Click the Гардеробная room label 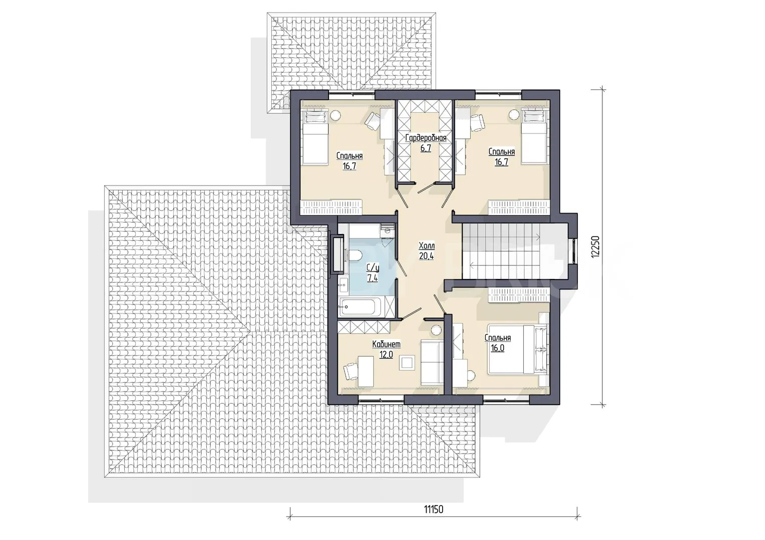426,138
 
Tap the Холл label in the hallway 427,245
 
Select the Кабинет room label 387,344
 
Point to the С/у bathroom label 372,268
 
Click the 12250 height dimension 595,246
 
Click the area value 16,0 498,348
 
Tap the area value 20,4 427,256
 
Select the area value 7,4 372,278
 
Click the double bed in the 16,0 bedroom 517,349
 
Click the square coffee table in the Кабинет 408,362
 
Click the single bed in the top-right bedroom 535,137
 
